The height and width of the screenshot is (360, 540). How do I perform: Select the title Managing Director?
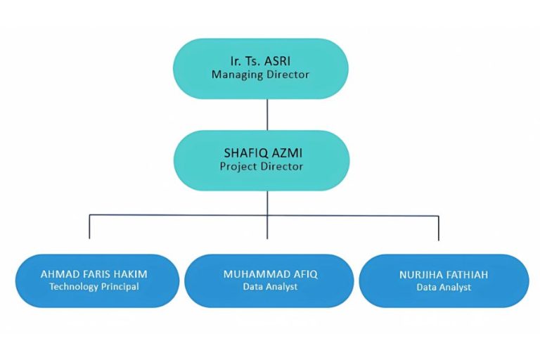pyautogui.click(x=260, y=74)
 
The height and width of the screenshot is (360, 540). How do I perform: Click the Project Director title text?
pyautogui.click(x=261, y=166)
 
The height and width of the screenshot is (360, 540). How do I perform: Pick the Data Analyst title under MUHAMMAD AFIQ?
pyautogui.click(x=270, y=286)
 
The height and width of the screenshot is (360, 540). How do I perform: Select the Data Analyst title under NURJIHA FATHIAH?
pyautogui.click(x=444, y=287)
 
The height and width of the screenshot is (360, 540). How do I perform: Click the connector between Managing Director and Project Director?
pyautogui.click(x=267, y=114)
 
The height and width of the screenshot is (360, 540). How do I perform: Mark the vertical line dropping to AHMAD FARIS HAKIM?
pyautogui.click(x=89, y=227)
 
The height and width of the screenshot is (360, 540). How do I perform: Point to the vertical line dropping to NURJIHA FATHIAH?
pyautogui.click(x=439, y=228)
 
